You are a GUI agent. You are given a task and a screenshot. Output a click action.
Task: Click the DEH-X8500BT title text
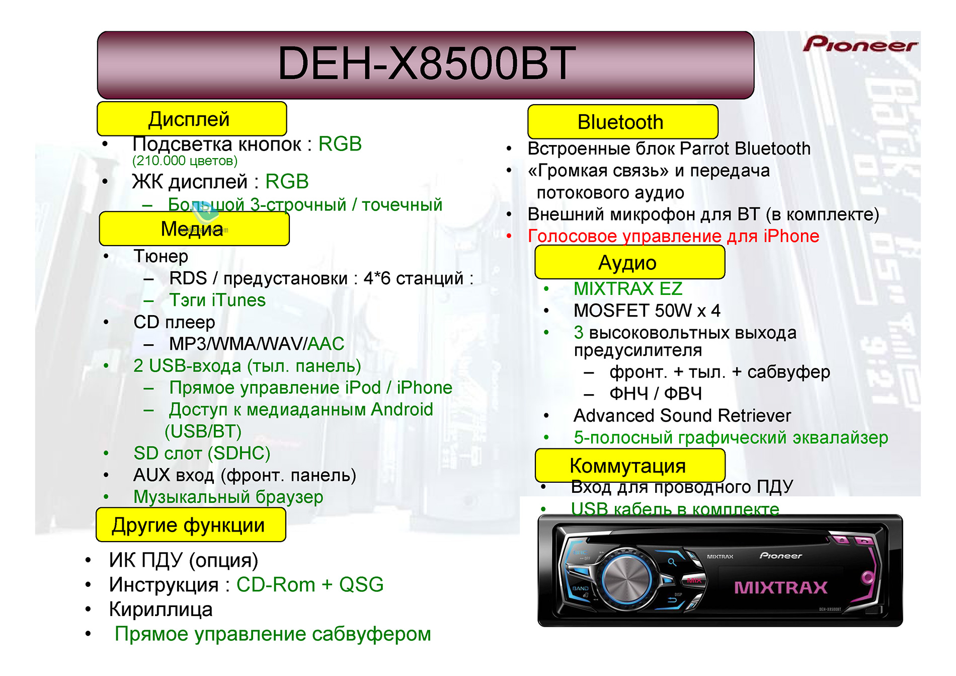[426, 63]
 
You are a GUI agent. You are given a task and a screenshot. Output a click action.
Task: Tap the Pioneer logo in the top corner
[860, 44]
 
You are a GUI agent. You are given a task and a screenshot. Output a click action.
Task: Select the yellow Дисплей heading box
[192, 119]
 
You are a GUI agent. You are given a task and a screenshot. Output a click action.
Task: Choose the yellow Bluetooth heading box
[622, 122]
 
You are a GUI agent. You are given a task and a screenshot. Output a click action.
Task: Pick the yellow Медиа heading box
[194, 229]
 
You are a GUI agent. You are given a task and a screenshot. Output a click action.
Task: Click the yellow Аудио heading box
[629, 262]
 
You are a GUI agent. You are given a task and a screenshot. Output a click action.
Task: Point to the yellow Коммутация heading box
[630, 466]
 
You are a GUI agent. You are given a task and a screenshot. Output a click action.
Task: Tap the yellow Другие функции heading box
[191, 524]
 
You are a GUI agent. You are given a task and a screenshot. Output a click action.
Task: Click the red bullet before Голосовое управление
[509, 236]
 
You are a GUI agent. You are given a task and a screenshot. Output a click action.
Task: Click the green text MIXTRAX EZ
[628, 289]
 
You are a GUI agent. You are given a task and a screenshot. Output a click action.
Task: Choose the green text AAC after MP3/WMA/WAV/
[326, 344]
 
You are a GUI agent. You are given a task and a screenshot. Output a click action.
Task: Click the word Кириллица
[161, 610]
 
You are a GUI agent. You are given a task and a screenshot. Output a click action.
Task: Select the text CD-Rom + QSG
[310, 585]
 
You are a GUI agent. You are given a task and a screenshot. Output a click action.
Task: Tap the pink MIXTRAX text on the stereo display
[780, 587]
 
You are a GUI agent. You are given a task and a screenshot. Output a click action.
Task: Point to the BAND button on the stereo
[580, 588]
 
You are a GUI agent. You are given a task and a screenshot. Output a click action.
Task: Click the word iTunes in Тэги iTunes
[238, 301]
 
